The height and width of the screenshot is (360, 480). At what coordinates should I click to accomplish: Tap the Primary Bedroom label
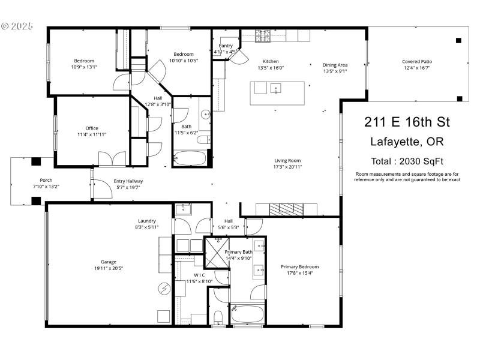click(x=300, y=266)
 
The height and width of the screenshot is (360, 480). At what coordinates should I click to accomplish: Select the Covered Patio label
click(x=417, y=61)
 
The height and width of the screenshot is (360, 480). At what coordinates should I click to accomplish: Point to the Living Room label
click(x=287, y=160)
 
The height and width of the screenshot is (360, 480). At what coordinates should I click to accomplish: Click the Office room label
click(x=92, y=128)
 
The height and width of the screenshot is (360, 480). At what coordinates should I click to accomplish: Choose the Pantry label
click(x=226, y=46)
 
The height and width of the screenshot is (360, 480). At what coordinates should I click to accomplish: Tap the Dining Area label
click(x=335, y=65)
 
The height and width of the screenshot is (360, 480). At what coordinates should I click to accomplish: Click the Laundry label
click(x=147, y=220)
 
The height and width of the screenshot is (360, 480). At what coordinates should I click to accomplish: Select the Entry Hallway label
click(x=128, y=181)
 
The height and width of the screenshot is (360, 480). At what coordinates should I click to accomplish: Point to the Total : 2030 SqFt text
click(x=407, y=161)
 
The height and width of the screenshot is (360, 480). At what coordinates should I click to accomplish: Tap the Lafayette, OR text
click(x=407, y=142)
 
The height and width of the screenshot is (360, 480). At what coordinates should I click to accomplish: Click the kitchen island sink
click(x=277, y=89)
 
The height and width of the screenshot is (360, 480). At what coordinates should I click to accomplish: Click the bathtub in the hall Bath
click(x=190, y=159)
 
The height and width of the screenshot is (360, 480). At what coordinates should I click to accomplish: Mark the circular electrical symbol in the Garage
click(x=164, y=289)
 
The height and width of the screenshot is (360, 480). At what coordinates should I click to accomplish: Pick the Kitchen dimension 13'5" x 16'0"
click(x=271, y=68)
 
